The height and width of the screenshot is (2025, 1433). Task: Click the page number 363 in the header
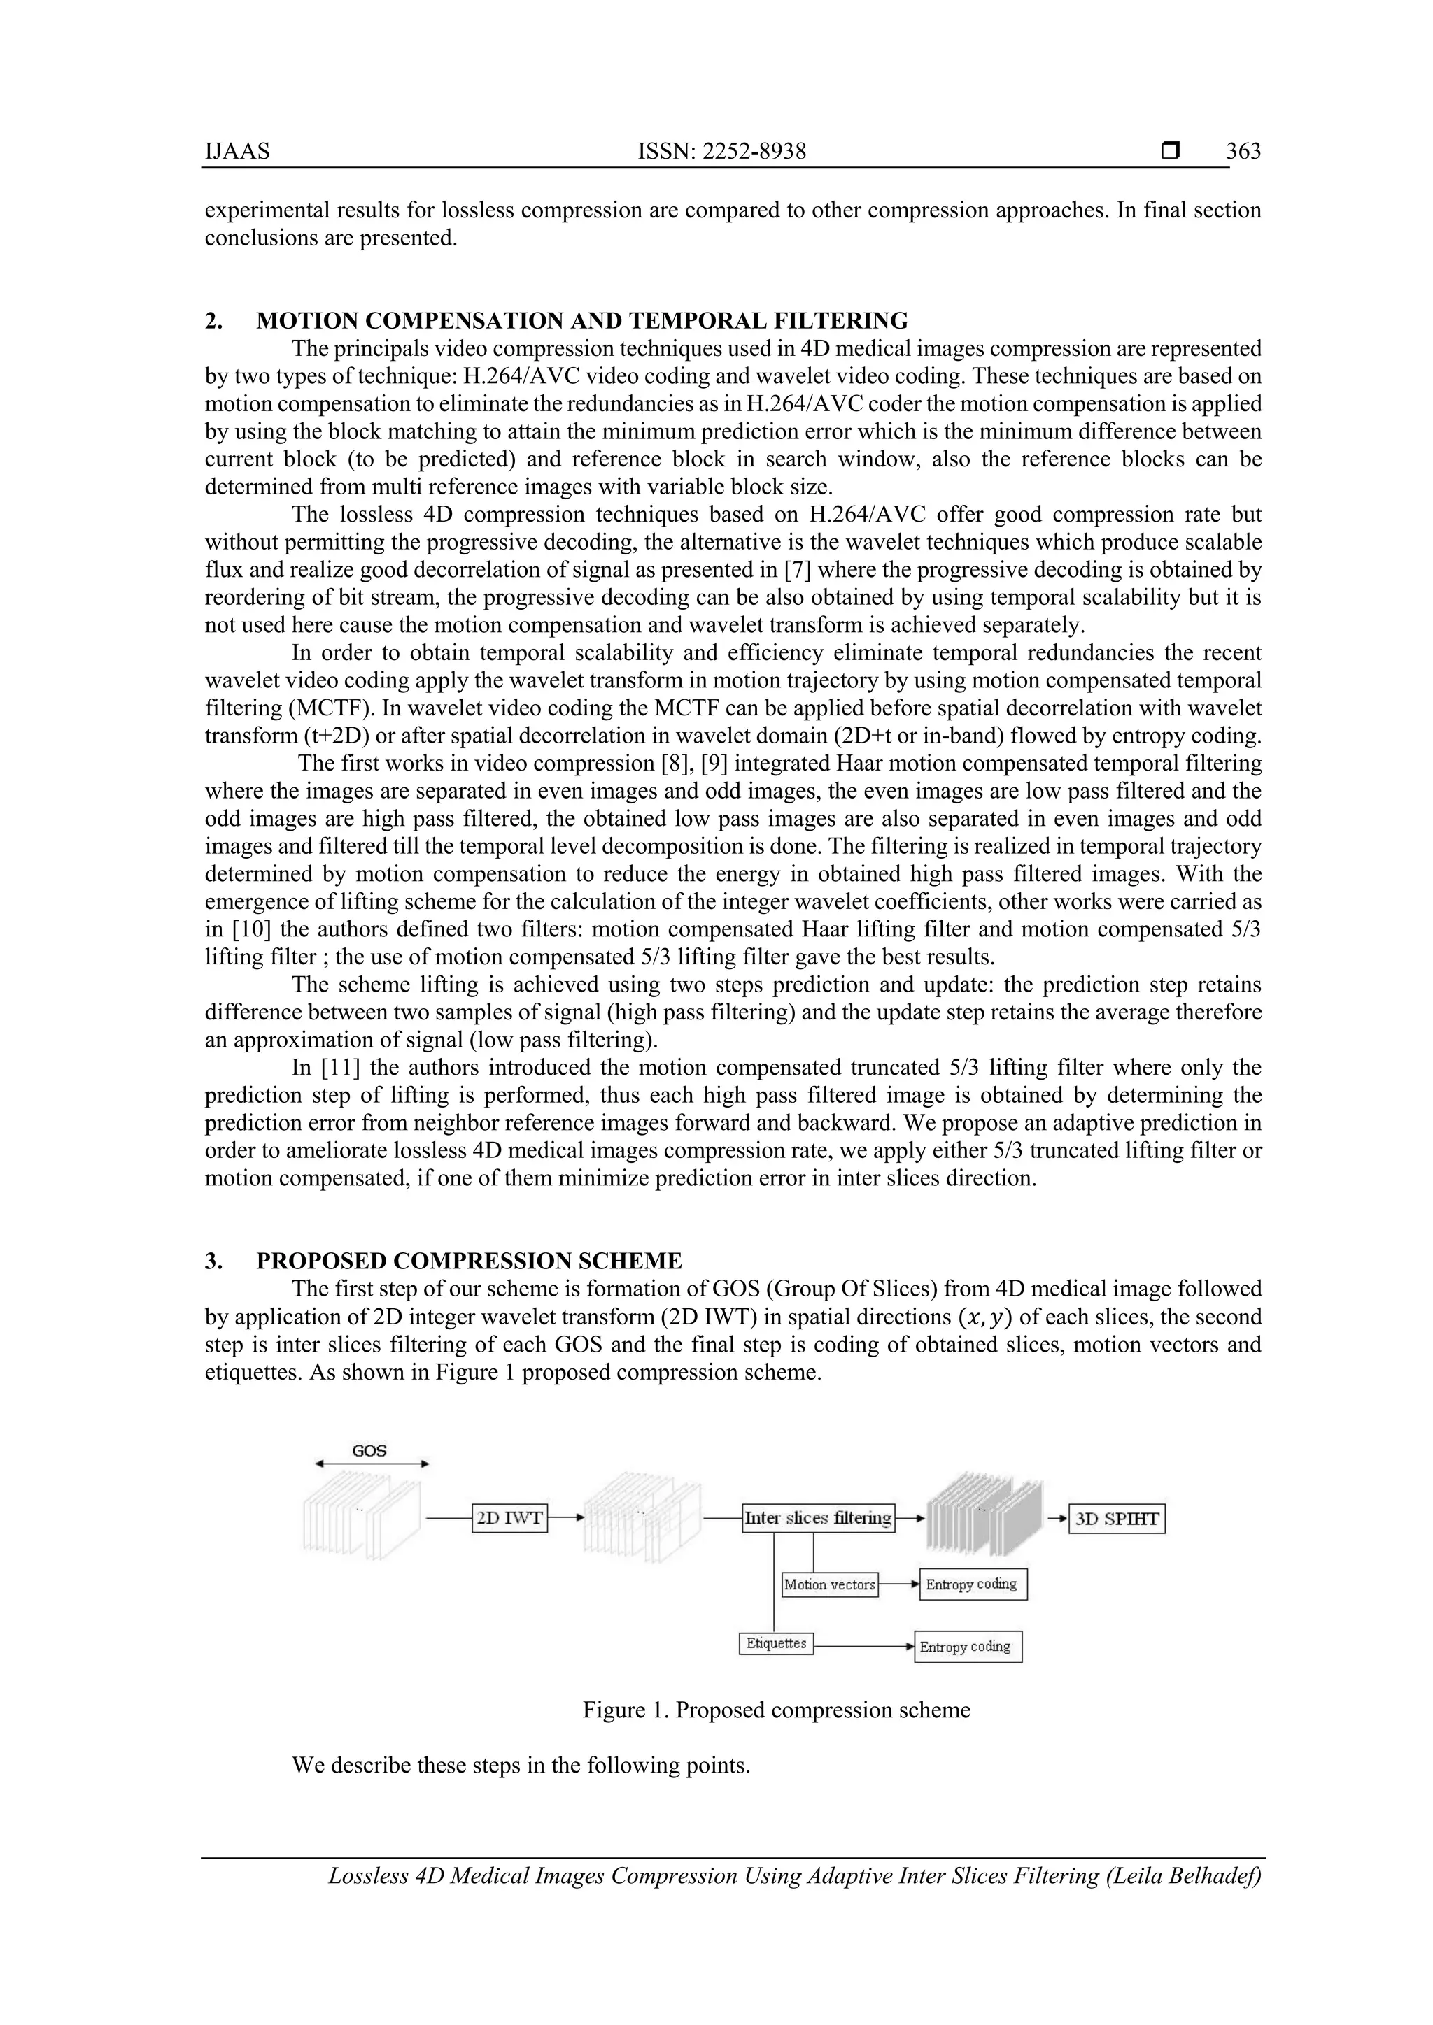[1243, 152]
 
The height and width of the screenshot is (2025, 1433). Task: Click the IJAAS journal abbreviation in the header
[237, 152]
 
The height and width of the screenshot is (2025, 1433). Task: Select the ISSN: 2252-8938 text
[722, 152]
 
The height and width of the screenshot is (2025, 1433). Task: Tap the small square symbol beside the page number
[1171, 151]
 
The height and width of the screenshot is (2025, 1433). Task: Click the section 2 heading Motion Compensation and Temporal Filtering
[581, 320]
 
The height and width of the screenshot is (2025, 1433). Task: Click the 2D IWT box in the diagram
[509, 1518]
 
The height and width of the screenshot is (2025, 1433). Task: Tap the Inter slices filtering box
[818, 1518]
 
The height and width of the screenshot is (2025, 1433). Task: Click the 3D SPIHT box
[1116, 1519]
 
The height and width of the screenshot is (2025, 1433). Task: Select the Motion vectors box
[829, 1584]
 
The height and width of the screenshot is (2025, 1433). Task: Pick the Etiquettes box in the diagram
[775, 1643]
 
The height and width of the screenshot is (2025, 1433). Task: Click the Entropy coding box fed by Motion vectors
[973, 1584]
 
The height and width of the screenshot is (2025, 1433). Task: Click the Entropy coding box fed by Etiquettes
[967, 1647]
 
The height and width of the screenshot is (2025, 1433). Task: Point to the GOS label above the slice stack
[369, 1451]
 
